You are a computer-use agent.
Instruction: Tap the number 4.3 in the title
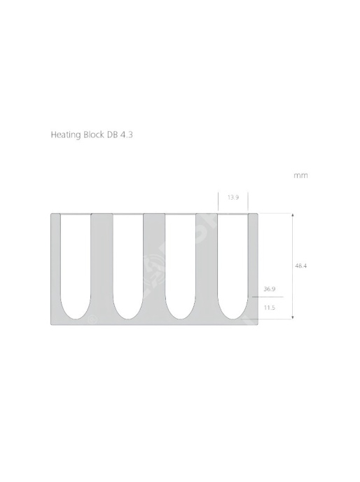click(126, 135)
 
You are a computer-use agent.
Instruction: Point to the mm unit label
click(300, 176)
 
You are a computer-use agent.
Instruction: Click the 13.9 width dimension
click(233, 198)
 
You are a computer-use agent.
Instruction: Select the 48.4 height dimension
click(300, 266)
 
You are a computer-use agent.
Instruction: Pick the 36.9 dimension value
click(270, 289)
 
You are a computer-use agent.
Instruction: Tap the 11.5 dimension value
click(270, 308)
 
